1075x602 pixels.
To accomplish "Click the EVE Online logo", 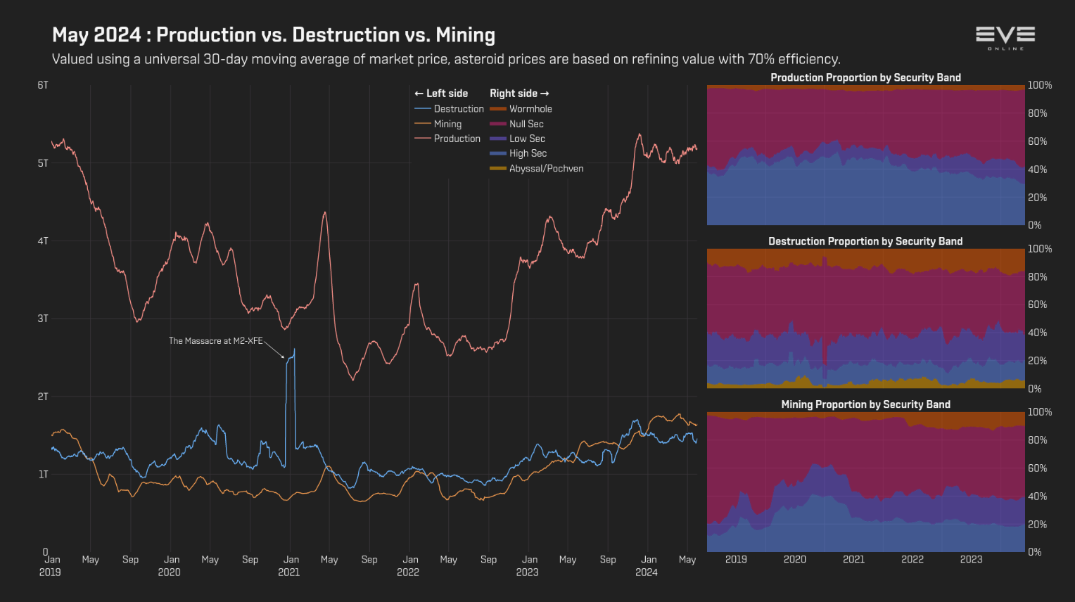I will click(x=1005, y=37).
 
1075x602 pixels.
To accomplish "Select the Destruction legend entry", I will click(x=458, y=109).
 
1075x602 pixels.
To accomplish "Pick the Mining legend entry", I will click(x=447, y=124).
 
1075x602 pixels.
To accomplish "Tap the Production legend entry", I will click(x=457, y=139).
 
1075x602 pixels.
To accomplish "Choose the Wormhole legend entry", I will click(x=530, y=109).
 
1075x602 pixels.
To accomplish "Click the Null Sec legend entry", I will click(x=526, y=124).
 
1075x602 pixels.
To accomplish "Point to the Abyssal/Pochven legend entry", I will click(x=546, y=169).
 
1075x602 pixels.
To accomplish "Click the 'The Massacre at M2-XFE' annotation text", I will click(x=215, y=341).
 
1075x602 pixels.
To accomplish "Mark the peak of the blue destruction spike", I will click(x=294, y=349).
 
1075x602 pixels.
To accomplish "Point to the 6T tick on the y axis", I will click(x=43, y=85).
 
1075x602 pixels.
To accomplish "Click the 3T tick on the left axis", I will click(x=43, y=319).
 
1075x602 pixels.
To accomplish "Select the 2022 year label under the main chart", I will click(x=408, y=572).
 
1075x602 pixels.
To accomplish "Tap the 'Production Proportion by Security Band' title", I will click(x=865, y=77).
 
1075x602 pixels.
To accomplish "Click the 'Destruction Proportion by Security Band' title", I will click(x=865, y=241).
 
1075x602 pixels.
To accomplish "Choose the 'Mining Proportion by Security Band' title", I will click(x=865, y=404).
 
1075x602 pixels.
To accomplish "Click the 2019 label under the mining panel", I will click(x=736, y=559).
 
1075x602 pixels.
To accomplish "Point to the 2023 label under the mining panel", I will click(x=971, y=559).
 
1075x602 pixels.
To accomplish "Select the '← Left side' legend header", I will click(x=441, y=94).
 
